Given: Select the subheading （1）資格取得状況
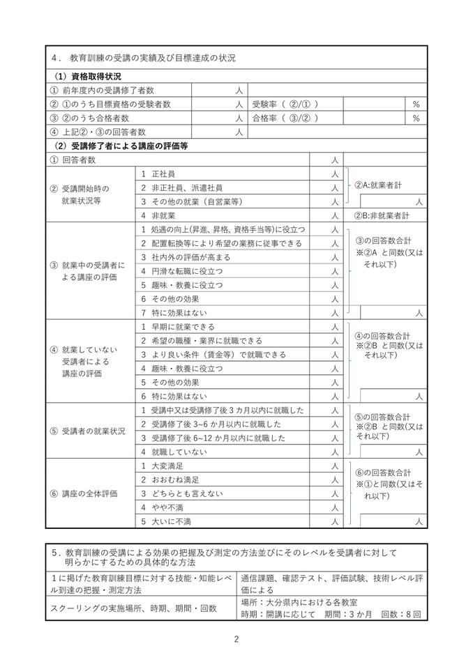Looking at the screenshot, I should click(88, 76).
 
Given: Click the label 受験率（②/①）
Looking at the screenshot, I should click(286, 104).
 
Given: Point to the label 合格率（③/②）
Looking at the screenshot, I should click(286, 118).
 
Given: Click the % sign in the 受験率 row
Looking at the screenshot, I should click(416, 104).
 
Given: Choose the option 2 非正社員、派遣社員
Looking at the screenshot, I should click(182, 187).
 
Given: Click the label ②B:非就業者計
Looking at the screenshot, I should click(382, 215).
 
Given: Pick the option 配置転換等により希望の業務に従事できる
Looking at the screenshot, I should click(221, 243).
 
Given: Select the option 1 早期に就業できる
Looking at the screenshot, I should click(177, 326).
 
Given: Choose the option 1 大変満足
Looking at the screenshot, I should click(165, 466).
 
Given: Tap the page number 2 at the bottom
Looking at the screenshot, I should click(236, 639).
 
